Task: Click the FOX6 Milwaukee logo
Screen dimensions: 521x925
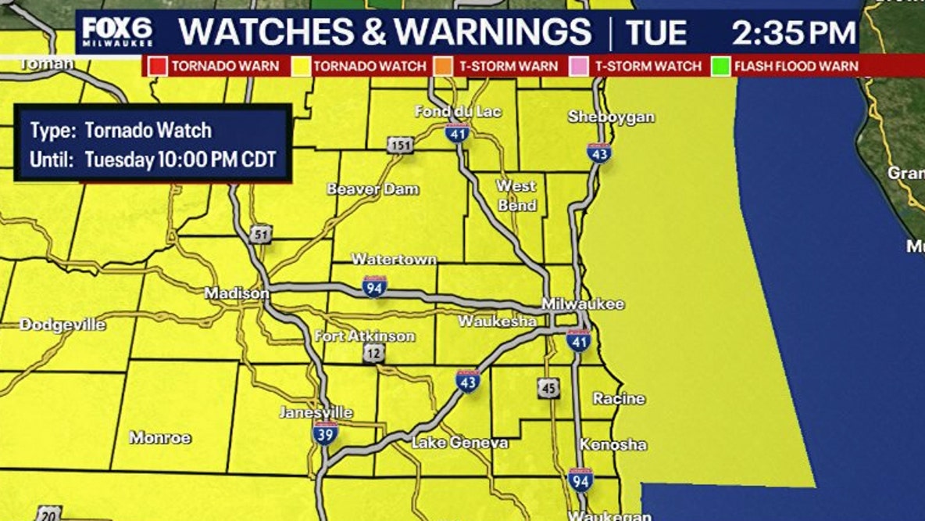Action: click(118, 32)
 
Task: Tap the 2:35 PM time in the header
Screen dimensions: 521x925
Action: click(793, 33)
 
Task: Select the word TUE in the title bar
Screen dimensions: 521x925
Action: click(656, 33)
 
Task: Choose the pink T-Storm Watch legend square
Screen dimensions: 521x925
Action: click(580, 66)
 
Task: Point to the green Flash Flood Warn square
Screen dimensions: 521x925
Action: click(720, 66)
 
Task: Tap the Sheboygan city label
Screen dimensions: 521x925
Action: click(611, 117)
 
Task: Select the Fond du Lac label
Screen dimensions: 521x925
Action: click(458, 111)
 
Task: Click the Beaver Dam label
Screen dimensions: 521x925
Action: click(373, 189)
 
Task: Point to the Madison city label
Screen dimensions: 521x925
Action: click(237, 293)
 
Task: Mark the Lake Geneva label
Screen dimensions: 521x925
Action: click(459, 443)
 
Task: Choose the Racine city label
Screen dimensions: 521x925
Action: click(619, 398)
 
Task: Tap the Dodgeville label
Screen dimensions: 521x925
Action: click(62, 325)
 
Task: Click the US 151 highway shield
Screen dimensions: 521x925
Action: click(399, 145)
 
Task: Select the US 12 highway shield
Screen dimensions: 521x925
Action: click(373, 354)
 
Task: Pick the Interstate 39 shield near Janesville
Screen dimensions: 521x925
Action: click(326, 433)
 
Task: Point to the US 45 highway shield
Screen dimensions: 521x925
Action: click(548, 387)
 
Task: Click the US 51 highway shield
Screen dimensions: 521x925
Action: click(260, 234)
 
